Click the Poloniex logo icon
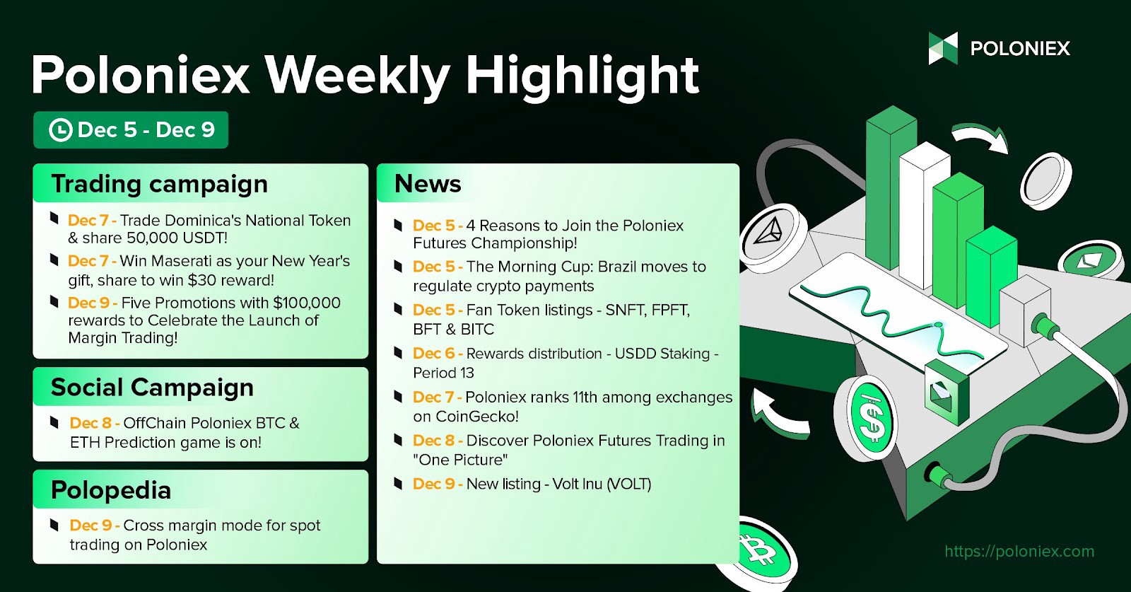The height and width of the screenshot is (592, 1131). coord(943,48)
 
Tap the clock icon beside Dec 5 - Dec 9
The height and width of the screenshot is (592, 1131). coord(61,130)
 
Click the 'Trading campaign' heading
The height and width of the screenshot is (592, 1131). coord(160,184)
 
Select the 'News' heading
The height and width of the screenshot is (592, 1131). coord(428,184)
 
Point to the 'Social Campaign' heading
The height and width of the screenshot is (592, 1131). coord(152,388)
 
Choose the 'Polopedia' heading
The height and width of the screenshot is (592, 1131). coord(111,490)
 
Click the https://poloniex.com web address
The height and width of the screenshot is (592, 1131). coord(1019,551)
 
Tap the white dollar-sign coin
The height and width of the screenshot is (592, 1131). coord(872,421)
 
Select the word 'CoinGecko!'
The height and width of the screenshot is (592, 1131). coord(477,417)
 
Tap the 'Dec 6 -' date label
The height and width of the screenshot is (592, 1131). coord(438,354)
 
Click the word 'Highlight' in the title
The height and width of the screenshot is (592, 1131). coord(582,75)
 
